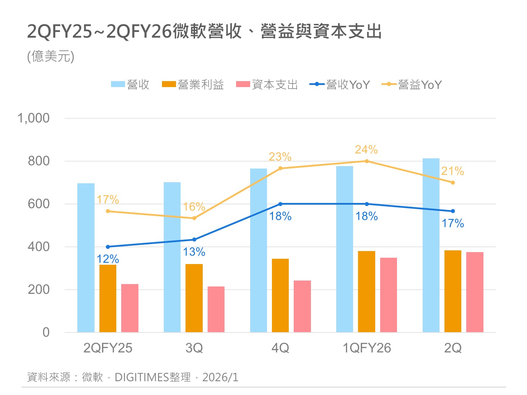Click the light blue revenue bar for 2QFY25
point(86,258)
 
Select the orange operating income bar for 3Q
point(194,298)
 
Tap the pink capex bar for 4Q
point(302,306)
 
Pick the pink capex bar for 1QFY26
point(388,295)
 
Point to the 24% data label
point(366,150)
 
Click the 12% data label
point(108,259)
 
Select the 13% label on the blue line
point(194,252)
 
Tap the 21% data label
point(453,171)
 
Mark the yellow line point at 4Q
point(280,169)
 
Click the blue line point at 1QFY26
point(367,204)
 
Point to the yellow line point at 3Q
point(194,218)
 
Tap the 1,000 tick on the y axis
point(34,118)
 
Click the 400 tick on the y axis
point(39,247)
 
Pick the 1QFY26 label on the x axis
point(366,348)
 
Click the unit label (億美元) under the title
point(51,57)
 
